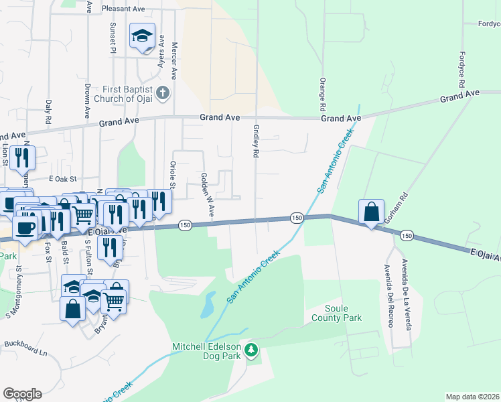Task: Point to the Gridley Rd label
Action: (x=256, y=141)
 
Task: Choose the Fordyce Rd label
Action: (x=461, y=69)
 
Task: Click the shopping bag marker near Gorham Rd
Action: (x=371, y=212)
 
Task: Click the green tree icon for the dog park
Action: (x=251, y=350)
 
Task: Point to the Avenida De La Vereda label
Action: (x=405, y=294)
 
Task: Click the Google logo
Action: (x=22, y=394)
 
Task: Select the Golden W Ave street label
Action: (x=206, y=194)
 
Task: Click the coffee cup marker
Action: (x=24, y=227)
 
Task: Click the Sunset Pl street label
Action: (x=113, y=38)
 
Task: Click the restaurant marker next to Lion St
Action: (x=22, y=157)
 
